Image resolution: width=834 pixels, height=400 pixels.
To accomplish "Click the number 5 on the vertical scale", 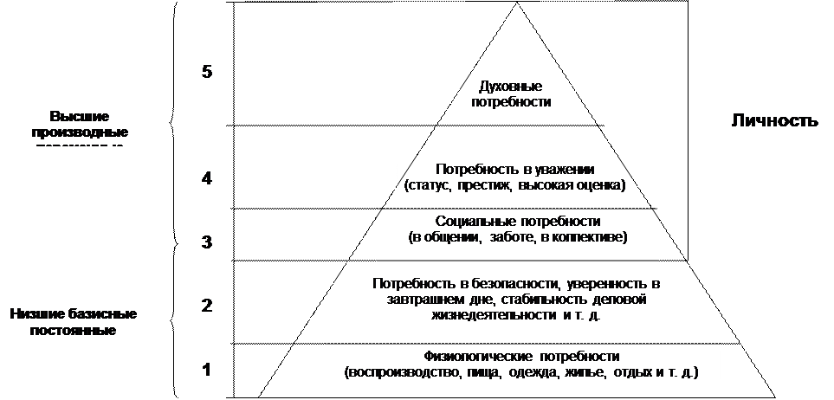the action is pyautogui.click(x=207, y=72).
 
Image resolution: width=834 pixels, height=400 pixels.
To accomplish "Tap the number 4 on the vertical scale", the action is pyautogui.click(x=207, y=179).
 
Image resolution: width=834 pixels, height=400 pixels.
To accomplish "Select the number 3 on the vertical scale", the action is pyautogui.click(x=207, y=242).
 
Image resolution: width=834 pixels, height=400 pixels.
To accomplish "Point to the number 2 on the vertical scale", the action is pyautogui.click(x=207, y=305).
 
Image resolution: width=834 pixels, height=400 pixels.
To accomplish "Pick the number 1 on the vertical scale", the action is pyautogui.click(x=207, y=370).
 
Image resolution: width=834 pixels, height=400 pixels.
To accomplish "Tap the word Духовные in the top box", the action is pyautogui.click(x=510, y=87).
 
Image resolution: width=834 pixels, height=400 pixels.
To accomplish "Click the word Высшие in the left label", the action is pyautogui.click(x=79, y=116).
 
